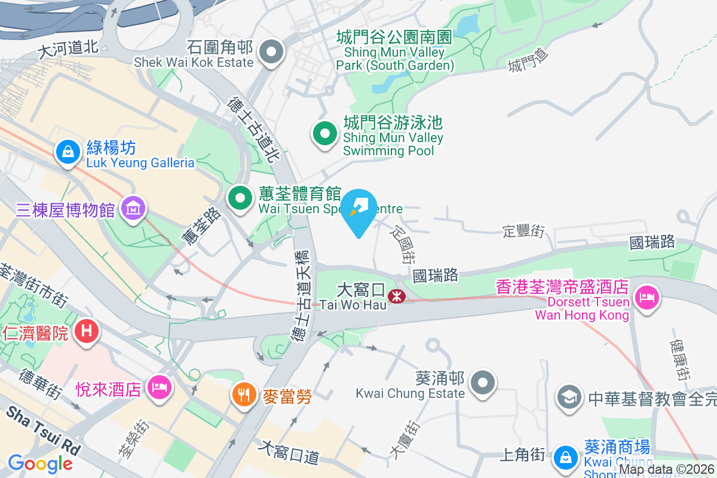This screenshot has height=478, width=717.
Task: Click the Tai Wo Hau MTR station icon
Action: (x=395, y=296)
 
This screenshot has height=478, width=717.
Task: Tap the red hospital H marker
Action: (x=87, y=330)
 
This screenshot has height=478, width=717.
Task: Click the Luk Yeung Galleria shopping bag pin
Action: (x=69, y=152)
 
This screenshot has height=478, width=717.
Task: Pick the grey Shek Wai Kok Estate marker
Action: (x=272, y=52)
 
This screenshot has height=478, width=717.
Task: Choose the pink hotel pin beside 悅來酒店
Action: (x=160, y=387)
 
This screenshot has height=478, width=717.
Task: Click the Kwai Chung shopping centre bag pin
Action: (x=564, y=457)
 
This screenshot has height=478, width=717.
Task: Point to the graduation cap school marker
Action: (x=569, y=397)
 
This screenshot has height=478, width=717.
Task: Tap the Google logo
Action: (x=40, y=463)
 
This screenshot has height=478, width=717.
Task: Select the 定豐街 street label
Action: (x=524, y=230)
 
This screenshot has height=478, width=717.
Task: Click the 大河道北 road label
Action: (x=68, y=49)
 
